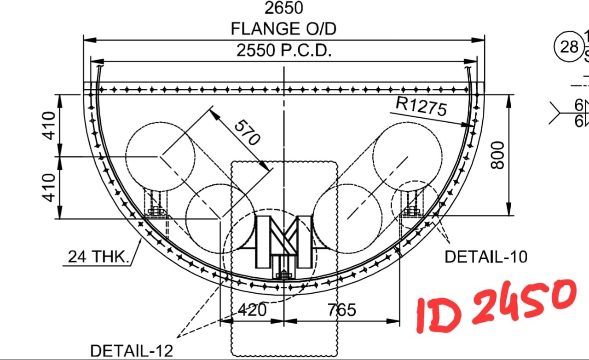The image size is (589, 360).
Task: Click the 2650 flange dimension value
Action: tap(284, 8)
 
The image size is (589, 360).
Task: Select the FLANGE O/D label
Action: tap(283, 29)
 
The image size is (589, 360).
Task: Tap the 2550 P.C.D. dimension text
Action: tap(284, 50)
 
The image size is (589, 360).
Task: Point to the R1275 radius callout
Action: tap(421, 106)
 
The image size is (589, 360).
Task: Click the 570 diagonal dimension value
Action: tap(247, 132)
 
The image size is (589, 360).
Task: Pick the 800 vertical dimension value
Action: tap(497, 155)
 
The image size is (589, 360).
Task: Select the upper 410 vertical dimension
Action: tap(49, 126)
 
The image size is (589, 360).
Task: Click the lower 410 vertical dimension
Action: tap(49, 188)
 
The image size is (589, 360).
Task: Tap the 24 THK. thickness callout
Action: tap(98, 257)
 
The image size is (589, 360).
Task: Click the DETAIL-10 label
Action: tap(486, 257)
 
